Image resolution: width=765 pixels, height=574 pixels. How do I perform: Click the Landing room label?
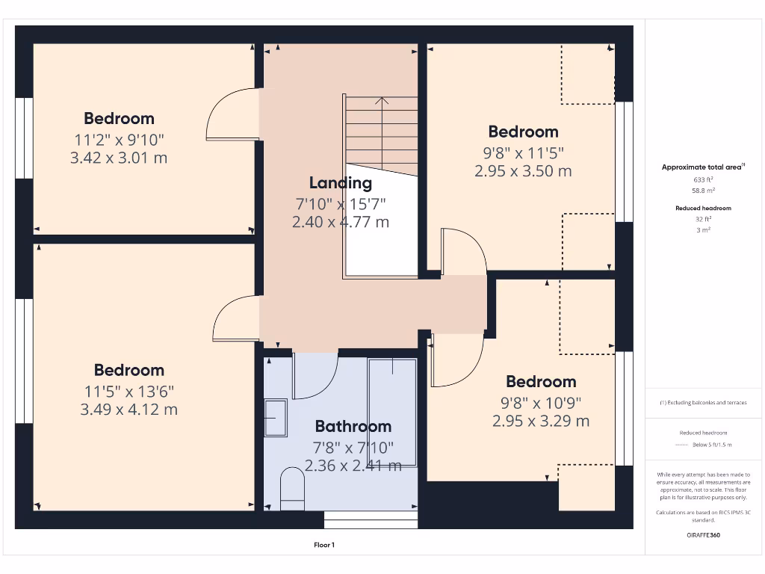pyautogui.click(x=341, y=183)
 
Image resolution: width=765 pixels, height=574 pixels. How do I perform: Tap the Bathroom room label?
pyautogui.click(x=353, y=427)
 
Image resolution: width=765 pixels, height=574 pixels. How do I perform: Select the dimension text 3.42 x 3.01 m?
pyautogui.click(x=120, y=158)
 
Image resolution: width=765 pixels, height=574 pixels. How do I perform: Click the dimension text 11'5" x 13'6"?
pyautogui.click(x=128, y=390)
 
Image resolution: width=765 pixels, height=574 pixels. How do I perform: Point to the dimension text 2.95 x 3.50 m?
pyautogui.click(x=523, y=171)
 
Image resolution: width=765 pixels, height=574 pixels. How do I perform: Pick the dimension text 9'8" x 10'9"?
pyautogui.click(x=540, y=402)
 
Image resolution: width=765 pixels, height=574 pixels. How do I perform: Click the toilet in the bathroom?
pyautogui.click(x=292, y=490)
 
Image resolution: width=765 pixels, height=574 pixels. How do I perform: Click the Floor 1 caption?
pyautogui.click(x=323, y=545)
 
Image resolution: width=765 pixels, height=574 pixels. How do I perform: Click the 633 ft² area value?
pyautogui.click(x=703, y=180)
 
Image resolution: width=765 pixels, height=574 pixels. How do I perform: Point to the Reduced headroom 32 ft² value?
pyautogui.click(x=703, y=219)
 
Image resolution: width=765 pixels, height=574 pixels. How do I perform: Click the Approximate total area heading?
pyautogui.click(x=702, y=167)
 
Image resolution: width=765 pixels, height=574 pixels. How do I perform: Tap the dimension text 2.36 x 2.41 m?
pyautogui.click(x=353, y=466)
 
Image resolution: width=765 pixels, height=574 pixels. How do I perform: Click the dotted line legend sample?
pyautogui.click(x=680, y=445)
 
